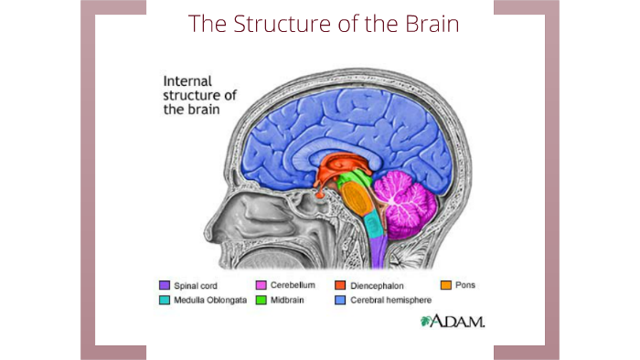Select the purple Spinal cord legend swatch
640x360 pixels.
coord(165,285)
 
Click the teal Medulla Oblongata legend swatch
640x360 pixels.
coord(165,299)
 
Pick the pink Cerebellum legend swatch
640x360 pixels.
coord(261,285)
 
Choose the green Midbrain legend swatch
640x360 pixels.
coord(261,299)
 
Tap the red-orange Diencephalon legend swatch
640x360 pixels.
coord(340,285)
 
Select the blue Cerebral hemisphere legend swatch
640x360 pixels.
coord(340,299)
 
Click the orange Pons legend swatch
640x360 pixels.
coord(446,285)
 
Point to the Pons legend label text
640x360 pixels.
coord(464,285)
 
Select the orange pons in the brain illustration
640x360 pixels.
coord(359,201)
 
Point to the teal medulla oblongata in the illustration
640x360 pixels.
coord(372,225)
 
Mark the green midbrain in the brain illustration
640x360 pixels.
coord(348,188)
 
